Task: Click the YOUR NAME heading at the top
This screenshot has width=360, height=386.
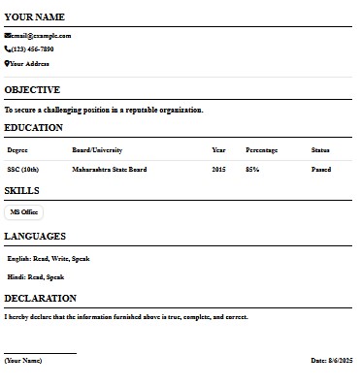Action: (35, 17)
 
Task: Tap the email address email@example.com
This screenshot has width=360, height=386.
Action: (42, 36)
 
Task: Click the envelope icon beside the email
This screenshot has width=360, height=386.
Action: (8, 36)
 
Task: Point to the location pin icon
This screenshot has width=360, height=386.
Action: (8, 64)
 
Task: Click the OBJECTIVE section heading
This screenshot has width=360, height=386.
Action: (32, 90)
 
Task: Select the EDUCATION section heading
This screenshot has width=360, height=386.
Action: (33, 128)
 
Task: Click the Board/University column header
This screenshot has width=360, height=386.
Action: (97, 150)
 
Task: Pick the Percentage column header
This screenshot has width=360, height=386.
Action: (262, 150)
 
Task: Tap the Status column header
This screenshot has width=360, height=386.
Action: (320, 150)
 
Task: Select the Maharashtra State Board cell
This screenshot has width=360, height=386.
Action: (110, 170)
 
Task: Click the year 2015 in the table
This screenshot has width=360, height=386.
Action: (219, 170)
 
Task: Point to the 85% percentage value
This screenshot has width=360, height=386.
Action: (252, 170)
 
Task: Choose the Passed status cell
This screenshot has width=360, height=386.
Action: (321, 170)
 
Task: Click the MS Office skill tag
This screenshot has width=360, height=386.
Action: (24, 211)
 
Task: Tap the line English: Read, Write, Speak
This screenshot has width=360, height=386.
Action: (49, 259)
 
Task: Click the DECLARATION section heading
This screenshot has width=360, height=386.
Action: (40, 299)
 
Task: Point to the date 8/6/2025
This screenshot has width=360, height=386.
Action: (332, 360)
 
